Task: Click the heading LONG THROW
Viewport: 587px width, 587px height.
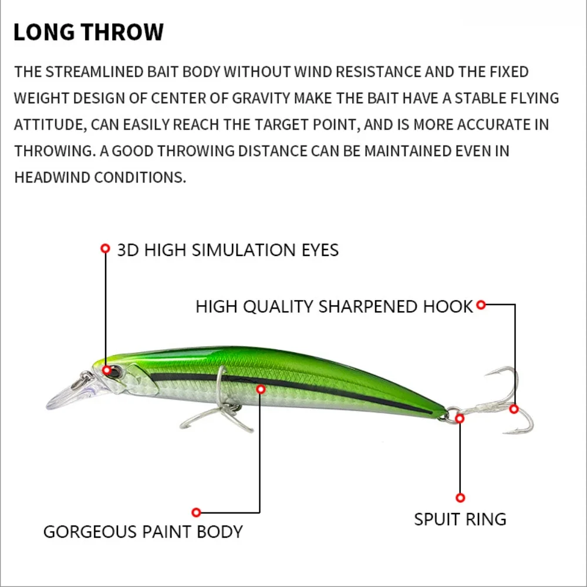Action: pyautogui.click(x=88, y=32)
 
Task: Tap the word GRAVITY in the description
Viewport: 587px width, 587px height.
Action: pyautogui.click(x=261, y=99)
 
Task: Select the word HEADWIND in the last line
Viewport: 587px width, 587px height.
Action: pyautogui.click(x=52, y=177)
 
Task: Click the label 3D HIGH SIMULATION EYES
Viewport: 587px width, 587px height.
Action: pyautogui.click(x=228, y=250)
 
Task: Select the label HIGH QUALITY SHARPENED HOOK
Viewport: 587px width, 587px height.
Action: pyautogui.click(x=334, y=306)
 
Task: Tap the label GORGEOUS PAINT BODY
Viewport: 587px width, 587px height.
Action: pyautogui.click(x=143, y=532)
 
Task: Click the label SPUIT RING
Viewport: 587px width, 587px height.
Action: pyautogui.click(x=460, y=519)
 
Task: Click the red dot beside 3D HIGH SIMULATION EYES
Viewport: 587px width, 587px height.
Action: pyautogui.click(x=106, y=248)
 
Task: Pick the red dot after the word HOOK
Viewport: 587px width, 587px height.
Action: pyautogui.click(x=481, y=305)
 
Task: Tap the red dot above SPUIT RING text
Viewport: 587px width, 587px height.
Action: pyautogui.click(x=460, y=498)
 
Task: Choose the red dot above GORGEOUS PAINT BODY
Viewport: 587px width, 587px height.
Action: pyautogui.click(x=197, y=512)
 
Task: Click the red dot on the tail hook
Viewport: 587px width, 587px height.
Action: pyautogui.click(x=514, y=409)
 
